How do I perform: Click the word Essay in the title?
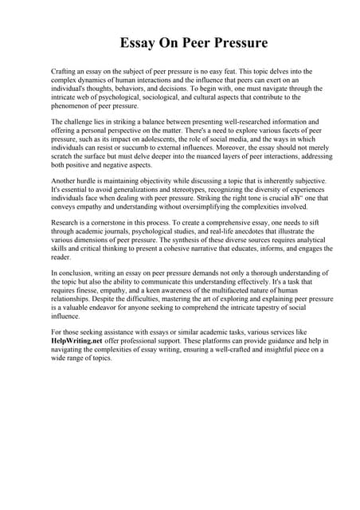click(138, 41)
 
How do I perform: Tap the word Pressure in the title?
click(238, 41)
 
